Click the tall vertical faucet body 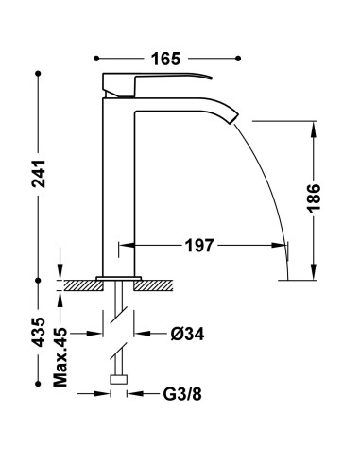pyautogui.click(x=119, y=189)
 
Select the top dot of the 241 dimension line pyautogui.click(x=41, y=72)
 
